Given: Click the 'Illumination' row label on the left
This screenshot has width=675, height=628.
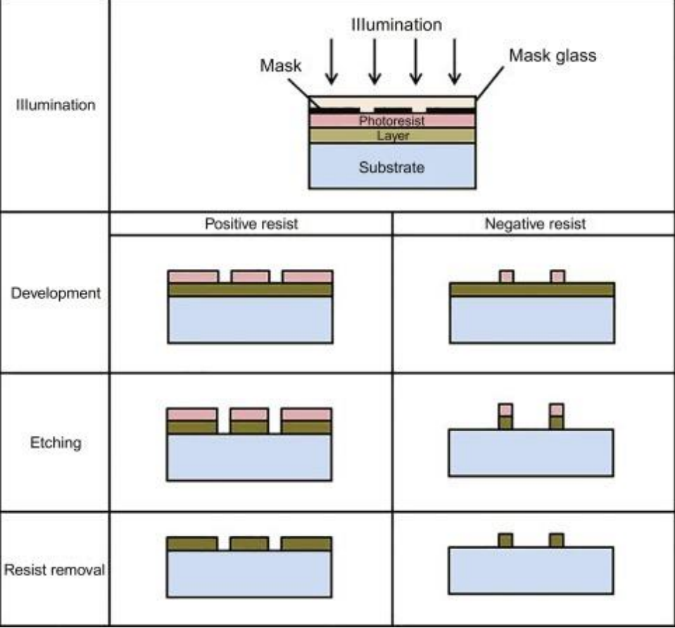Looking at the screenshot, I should click(56, 106).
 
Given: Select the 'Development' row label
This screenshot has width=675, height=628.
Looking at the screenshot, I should click(56, 293).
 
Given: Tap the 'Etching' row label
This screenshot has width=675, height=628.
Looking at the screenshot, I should click(56, 443).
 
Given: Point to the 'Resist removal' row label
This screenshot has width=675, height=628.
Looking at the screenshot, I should click(55, 570).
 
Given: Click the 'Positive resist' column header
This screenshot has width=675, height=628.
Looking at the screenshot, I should click(251, 224).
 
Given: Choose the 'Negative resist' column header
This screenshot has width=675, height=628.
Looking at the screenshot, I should click(534, 224).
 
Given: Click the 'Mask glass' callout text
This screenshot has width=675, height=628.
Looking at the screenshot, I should click(552, 56).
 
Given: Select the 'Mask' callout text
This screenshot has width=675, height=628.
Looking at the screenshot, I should click(280, 66).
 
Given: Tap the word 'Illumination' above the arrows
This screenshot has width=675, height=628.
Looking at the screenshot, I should click(397, 25).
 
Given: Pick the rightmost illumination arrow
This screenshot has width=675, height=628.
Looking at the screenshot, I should click(455, 64).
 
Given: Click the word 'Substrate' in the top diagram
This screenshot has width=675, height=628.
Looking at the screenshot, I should click(392, 168).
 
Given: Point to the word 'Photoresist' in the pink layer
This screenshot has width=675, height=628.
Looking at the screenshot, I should click(392, 121).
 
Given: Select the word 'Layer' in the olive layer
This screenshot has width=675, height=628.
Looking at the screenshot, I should click(392, 135).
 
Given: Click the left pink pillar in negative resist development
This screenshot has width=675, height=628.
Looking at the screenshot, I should click(506, 276).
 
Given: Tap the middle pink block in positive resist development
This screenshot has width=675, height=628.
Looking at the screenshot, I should click(250, 277).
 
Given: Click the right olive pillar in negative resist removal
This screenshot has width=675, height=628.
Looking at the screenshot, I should click(557, 540).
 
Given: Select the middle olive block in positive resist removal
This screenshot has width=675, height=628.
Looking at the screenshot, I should click(250, 544).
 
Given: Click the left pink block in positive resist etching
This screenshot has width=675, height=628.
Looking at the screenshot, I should click(192, 414).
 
